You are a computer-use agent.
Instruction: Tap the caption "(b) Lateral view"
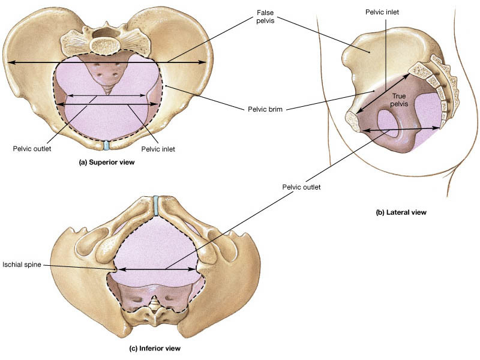pyautogui.click(x=401, y=212)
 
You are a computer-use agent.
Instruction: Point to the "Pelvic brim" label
pyautogui.click(x=265, y=109)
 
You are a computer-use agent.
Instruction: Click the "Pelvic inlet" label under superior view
pyautogui.click(x=158, y=148)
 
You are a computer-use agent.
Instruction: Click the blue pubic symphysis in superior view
pyautogui.click(x=106, y=145)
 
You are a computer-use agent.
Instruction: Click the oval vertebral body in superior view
pyautogui.click(x=106, y=44)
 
